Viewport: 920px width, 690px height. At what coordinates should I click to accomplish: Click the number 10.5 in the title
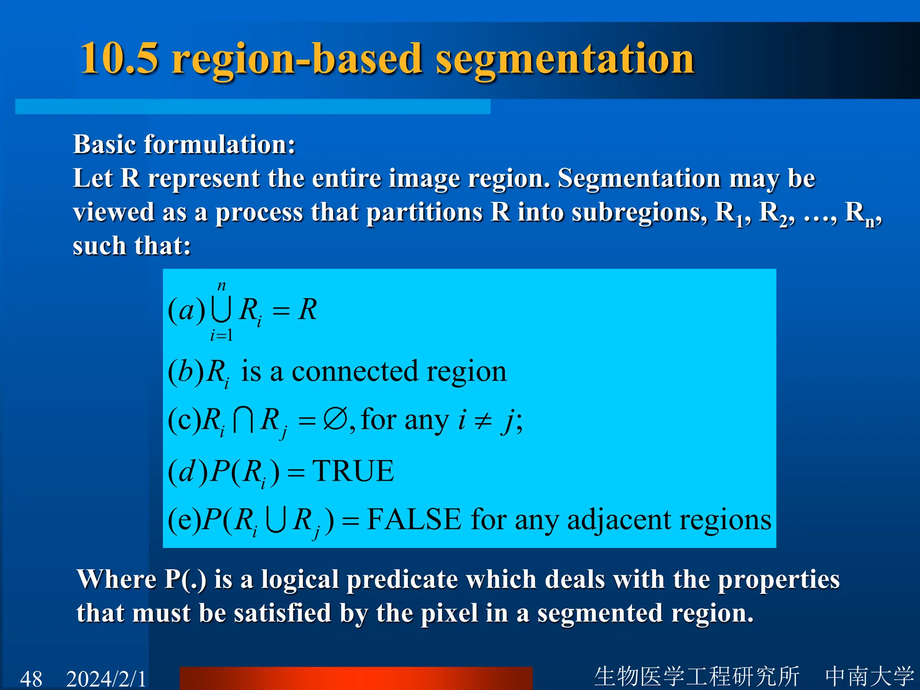click(x=119, y=58)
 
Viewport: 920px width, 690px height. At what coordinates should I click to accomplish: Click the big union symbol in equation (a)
click(x=221, y=310)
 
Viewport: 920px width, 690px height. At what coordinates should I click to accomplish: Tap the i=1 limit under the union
click(x=221, y=335)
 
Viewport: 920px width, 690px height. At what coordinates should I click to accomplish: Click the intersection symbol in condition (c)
click(x=243, y=421)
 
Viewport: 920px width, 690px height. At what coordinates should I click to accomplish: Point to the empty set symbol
click(x=335, y=420)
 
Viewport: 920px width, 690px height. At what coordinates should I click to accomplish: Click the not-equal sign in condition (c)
click(x=483, y=421)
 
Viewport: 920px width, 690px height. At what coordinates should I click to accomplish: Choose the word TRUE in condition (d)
click(x=353, y=471)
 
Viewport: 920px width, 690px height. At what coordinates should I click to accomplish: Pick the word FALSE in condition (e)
click(x=414, y=520)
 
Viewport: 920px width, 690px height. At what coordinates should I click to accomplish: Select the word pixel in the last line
click(x=449, y=613)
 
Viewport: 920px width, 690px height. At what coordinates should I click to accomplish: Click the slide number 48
click(x=31, y=678)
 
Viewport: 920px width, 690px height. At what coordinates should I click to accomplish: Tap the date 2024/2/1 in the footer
click(x=106, y=678)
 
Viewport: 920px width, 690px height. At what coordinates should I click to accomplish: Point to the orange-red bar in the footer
click(x=356, y=678)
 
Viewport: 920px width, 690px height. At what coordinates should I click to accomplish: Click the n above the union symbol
click(x=221, y=286)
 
